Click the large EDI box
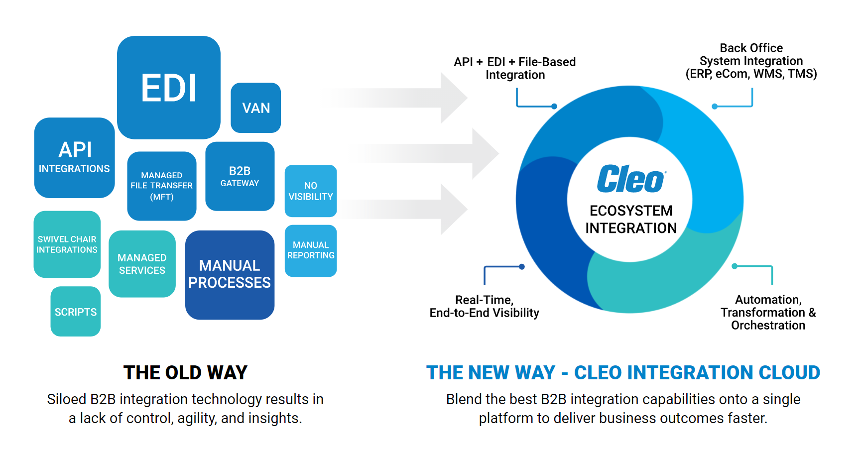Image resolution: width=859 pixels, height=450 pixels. point(169,88)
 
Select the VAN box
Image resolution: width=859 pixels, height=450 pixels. point(256,108)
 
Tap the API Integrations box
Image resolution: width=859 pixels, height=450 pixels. point(75,158)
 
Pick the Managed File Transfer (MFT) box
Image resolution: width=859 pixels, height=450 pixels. point(162,186)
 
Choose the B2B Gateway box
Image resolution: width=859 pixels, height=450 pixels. point(240,176)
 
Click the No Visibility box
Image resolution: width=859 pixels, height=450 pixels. point(311,191)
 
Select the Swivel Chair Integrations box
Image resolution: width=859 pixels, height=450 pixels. point(67,244)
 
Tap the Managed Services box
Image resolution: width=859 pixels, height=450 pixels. point(142,264)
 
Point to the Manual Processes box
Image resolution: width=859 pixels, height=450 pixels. point(230,275)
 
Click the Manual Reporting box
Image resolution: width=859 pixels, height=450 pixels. point(311,251)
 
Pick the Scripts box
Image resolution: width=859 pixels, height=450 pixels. point(76,312)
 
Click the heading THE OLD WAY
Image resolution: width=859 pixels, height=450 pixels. point(185,372)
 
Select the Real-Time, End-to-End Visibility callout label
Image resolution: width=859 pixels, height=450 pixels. point(485,306)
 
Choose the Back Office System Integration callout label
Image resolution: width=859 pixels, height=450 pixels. point(751,61)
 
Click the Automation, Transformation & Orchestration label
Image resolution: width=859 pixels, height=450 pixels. point(768,312)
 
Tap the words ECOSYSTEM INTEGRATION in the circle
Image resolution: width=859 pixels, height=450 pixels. point(631,219)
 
